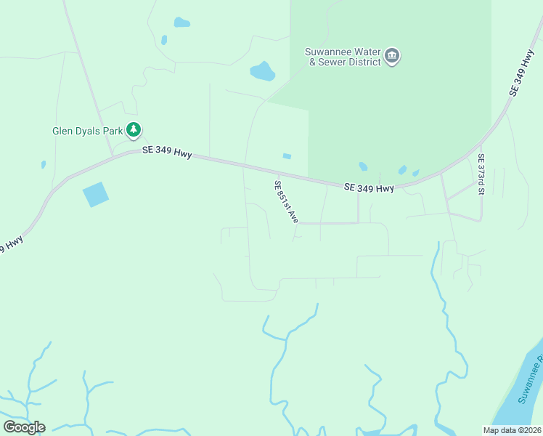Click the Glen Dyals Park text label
point(87,132)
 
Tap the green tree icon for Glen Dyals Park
point(134,130)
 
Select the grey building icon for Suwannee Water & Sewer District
point(392,57)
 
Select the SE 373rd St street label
point(481,174)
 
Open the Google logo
point(24,427)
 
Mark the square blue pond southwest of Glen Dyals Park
point(95,194)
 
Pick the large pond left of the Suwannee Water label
point(262,71)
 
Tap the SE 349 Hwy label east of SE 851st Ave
point(369,188)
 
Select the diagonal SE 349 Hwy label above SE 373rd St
point(522,73)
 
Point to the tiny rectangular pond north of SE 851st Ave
point(287,156)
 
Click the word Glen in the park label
point(62,132)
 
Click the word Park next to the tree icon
point(111,132)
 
